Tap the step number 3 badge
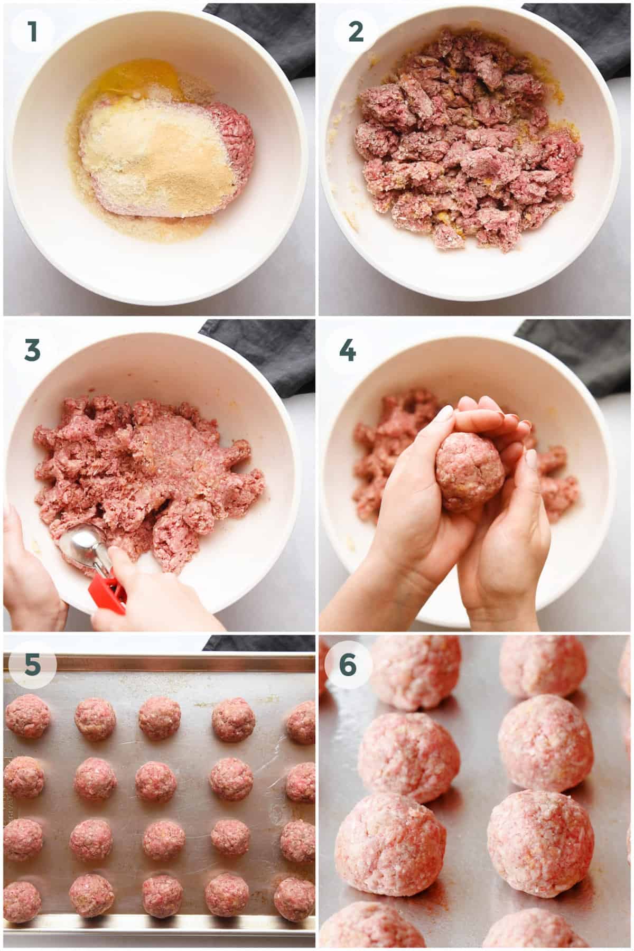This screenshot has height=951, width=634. click(33, 350)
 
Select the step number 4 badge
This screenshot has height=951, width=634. click(347, 350)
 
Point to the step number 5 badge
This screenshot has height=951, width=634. click(33, 665)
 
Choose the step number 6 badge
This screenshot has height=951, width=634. click(347, 665)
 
